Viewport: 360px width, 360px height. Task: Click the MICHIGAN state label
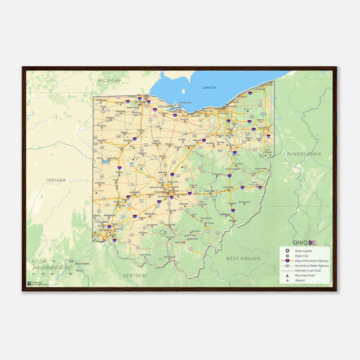pyautogui.click(x=109, y=80)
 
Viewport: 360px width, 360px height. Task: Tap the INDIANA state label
pyautogui.click(x=57, y=180)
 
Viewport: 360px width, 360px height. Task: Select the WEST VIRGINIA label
pyautogui.click(x=243, y=258)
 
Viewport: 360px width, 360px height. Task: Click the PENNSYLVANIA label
pyautogui.click(x=305, y=154)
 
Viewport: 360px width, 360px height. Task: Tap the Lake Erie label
pyautogui.click(x=210, y=88)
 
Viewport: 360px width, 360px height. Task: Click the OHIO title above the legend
pyautogui.click(x=300, y=242)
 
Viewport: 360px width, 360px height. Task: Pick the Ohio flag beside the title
pyautogui.click(x=312, y=242)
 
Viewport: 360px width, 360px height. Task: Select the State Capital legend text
pyautogui.click(x=304, y=250)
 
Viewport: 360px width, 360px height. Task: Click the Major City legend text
pyautogui.click(x=302, y=256)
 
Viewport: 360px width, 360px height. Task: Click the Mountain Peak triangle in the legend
pyautogui.click(x=287, y=276)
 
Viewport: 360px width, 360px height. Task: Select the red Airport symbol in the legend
pyautogui.click(x=287, y=281)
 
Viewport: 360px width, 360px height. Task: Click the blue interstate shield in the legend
pyautogui.click(x=287, y=261)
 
